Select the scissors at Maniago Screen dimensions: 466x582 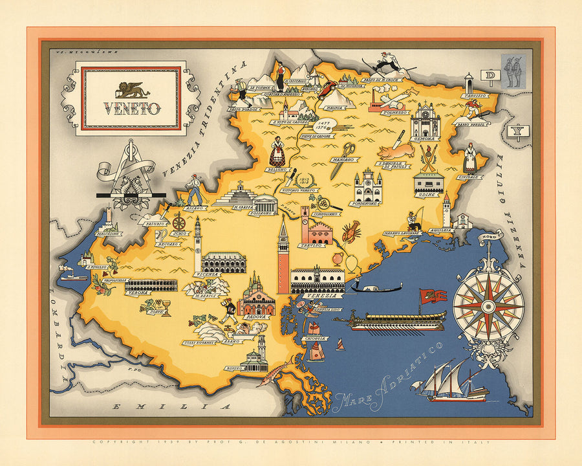click(341, 159)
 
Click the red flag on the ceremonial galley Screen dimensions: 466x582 click(433, 296)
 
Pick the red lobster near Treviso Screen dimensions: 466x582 click(351, 231)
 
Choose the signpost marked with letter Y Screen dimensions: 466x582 click(515, 132)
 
